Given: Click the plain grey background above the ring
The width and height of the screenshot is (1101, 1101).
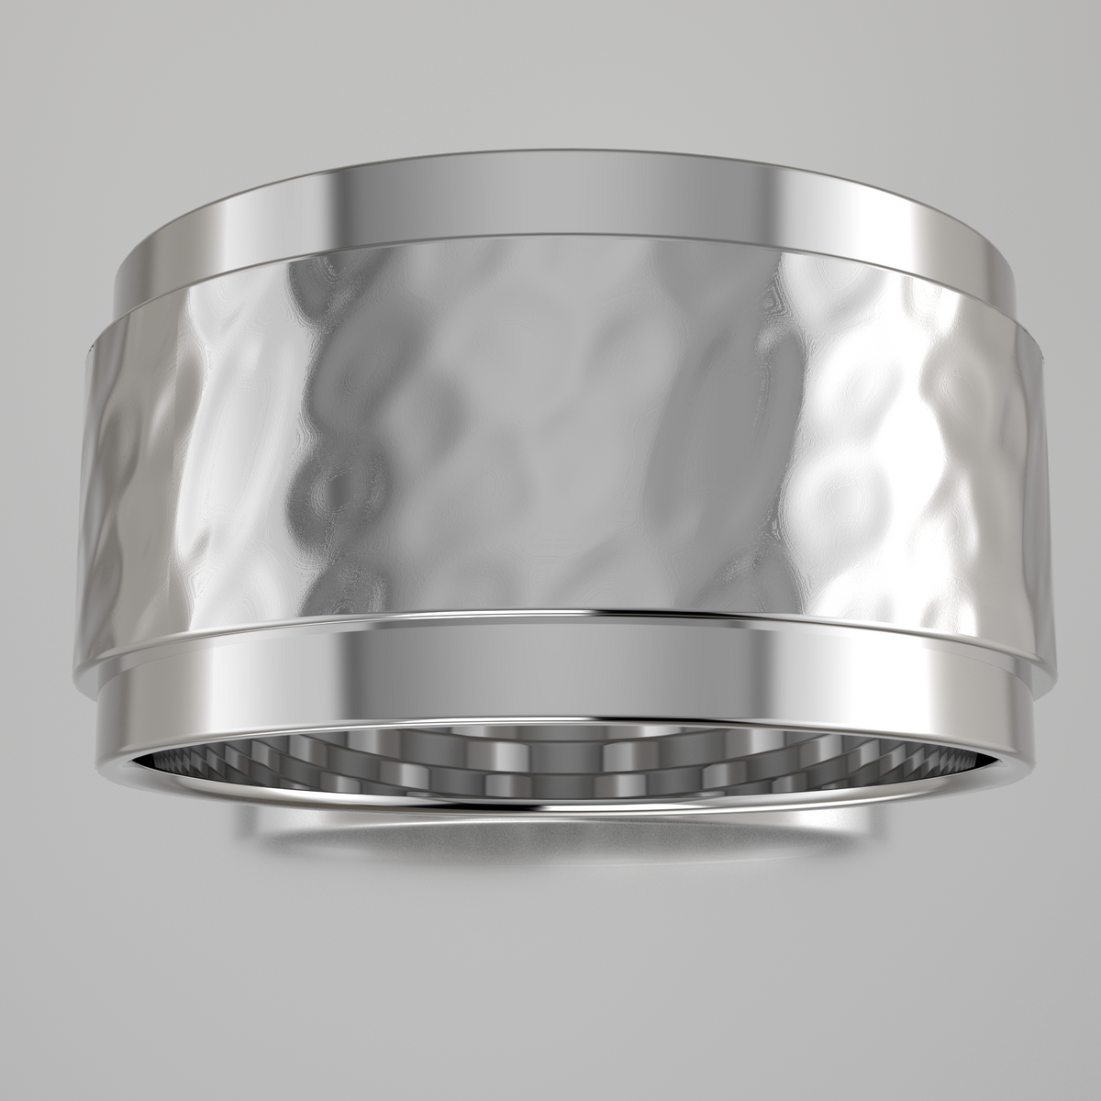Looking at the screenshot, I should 550,73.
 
